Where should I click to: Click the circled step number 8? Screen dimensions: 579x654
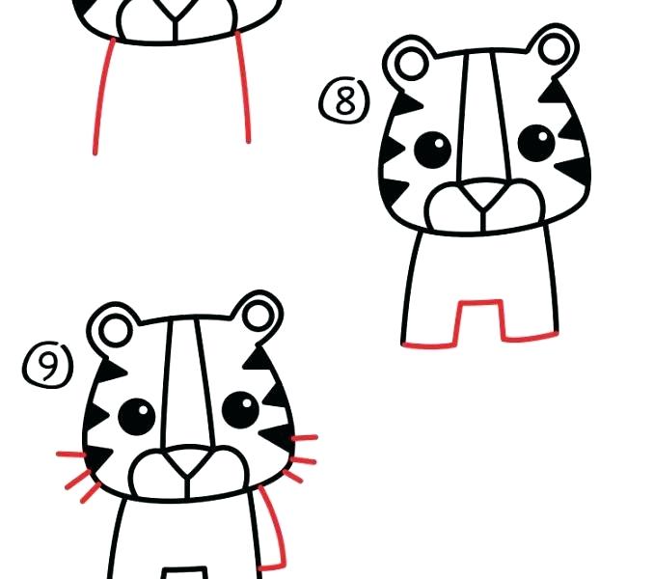coord(344,101)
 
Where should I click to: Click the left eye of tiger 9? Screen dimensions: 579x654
coord(136,416)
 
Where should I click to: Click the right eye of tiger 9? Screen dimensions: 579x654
coord(240,409)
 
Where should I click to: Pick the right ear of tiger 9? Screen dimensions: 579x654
coord(259,314)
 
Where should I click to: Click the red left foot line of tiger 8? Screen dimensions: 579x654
coord(428,344)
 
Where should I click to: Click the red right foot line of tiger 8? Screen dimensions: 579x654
coord(531,337)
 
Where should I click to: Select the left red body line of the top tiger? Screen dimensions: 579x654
coord(100,96)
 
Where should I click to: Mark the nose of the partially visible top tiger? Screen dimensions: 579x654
coord(172,12)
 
